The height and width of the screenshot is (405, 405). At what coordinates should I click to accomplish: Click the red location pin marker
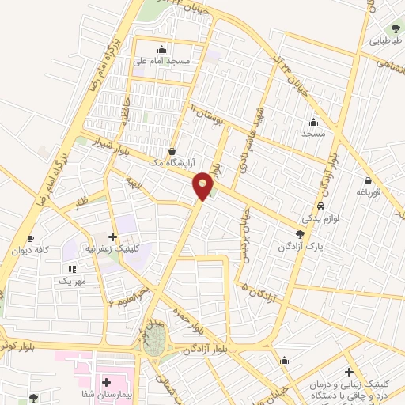tap(204, 185)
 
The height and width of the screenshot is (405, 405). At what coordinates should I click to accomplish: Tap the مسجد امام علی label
tap(162, 60)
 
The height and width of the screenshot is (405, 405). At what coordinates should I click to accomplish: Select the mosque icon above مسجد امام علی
tap(162, 48)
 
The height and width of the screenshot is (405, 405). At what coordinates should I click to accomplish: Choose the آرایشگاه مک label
tap(173, 161)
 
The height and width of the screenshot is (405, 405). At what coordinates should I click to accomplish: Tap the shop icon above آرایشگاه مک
tap(172, 150)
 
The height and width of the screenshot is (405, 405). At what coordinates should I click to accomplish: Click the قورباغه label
tap(369, 191)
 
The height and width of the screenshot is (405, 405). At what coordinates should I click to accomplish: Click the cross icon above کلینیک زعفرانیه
tap(112, 237)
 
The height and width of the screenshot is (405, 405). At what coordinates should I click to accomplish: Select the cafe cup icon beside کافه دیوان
tap(30, 239)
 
